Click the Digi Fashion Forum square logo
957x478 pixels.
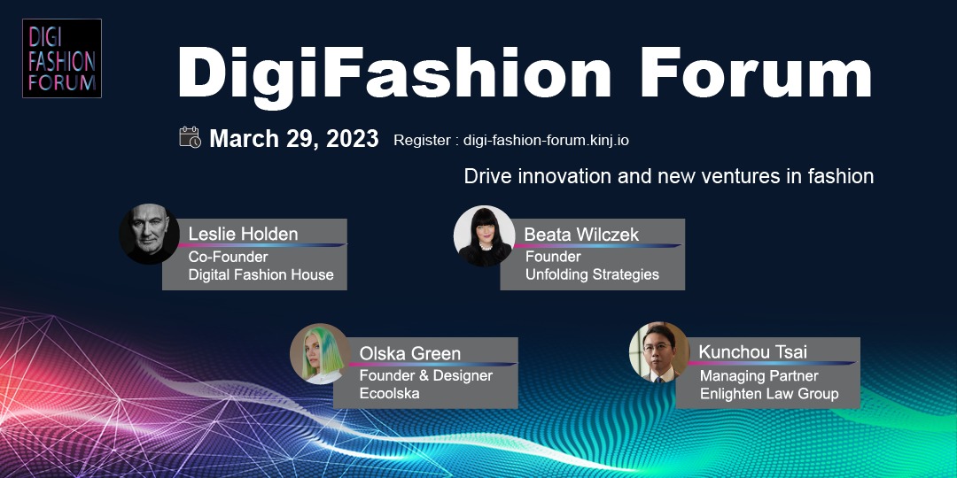(x=62, y=58)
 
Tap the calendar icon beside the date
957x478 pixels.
(x=190, y=137)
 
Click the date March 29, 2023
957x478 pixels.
(x=294, y=139)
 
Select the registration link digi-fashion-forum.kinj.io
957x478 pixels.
(x=546, y=140)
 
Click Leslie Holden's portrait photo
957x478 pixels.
(x=149, y=234)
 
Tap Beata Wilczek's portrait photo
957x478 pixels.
(x=485, y=236)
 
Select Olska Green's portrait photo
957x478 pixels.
(x=320, y=353)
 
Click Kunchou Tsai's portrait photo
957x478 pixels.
(x=659, y=352)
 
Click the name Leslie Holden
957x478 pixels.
(x=243, y=234)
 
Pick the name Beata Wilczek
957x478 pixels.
(x=581, y=234)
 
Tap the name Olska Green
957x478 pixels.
(x=409, y=353)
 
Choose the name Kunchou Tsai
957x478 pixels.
(x=752, y=351)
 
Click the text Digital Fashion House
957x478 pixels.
(x=261, y=275)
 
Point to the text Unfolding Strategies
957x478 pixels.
(x=592, y=275)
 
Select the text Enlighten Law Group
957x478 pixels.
(x=769, y=395)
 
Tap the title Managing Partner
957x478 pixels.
(x=759, y=376)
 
